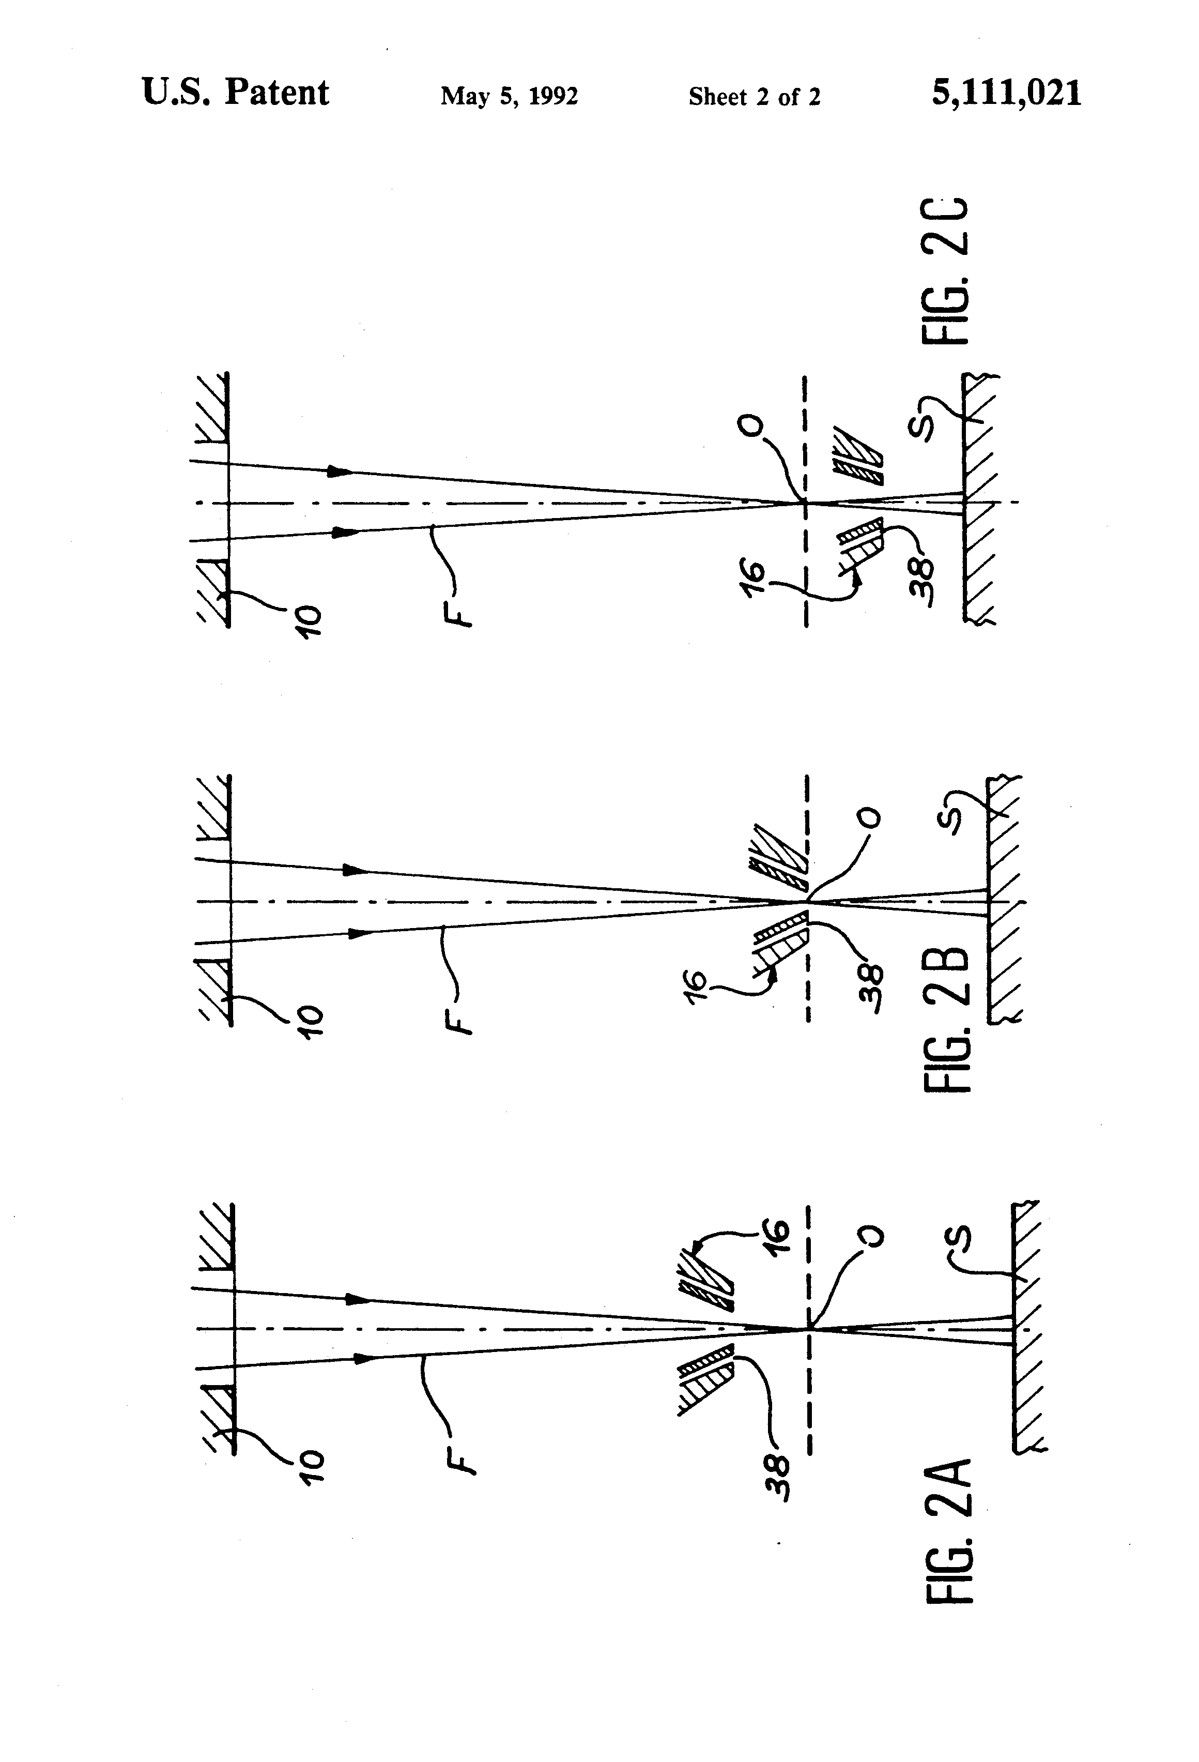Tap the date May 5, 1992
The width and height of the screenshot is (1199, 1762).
click(x=509, y=96)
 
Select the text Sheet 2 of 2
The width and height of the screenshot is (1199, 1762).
click(x=754, y=97)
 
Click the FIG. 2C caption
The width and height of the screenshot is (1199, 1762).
click(x=945, y=271)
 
